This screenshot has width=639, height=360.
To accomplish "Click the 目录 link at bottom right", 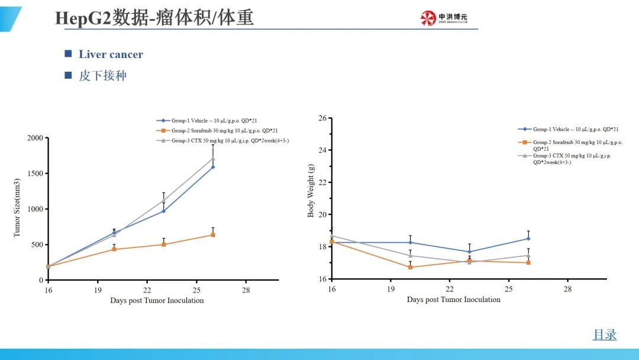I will tap(605, 335).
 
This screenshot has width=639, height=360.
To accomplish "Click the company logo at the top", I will tap(444, 18).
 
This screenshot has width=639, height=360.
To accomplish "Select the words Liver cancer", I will tap(111, 54).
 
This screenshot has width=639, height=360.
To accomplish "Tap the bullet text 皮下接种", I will tap(102, 76).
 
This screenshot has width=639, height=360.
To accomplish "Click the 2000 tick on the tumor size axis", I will tap(35, 138).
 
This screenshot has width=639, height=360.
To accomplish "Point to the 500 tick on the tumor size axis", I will tap(37, 245).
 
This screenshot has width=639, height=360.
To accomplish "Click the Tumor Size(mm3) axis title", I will tap(17, 208).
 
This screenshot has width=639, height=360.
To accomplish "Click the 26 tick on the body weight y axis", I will tap(322, 118).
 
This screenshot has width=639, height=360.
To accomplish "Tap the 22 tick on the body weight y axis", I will tap(322, 182).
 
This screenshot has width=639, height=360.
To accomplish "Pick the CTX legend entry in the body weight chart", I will tap(572, 159).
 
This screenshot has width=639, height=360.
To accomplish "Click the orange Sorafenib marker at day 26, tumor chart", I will tap(213, 235).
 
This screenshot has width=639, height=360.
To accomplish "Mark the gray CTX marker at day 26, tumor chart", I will tap(213, 159).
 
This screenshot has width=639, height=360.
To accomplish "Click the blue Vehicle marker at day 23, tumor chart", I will tap(163, 211).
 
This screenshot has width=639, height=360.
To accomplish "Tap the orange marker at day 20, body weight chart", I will tap(410, 267).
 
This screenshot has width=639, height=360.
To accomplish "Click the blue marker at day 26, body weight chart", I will tap(528, 239).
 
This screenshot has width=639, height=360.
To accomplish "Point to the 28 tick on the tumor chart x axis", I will tap(246, 290).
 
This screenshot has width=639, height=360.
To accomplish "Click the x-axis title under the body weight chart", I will tap(453, 300).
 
